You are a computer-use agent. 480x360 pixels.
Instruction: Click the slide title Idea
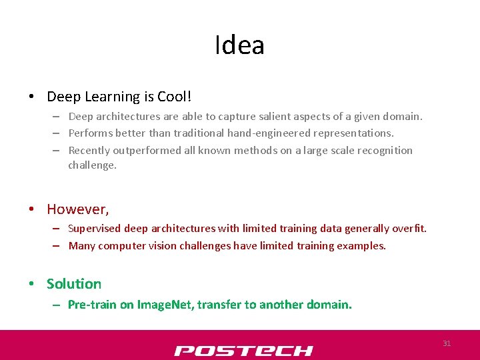click(x=239, y=45)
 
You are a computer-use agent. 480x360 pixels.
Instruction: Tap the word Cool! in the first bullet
click(x=175, y=97)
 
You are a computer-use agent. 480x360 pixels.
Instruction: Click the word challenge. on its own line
click(x=92, y=165)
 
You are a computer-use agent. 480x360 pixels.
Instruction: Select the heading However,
click(x=77, y=209)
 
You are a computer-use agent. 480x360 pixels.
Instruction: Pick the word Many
click(x=82, y=246)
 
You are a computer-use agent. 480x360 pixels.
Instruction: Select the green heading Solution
click(x=74, y=284)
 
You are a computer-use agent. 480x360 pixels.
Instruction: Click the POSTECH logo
click(x=243, y=351)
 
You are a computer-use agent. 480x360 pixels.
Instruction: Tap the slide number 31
click(x=447, y=343)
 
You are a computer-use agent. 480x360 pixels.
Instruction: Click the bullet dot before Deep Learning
click(x=32, y=97)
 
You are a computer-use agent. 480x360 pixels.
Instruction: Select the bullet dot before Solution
click(x=32, y=285)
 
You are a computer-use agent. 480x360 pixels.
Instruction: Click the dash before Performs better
click(x=58, y=133)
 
